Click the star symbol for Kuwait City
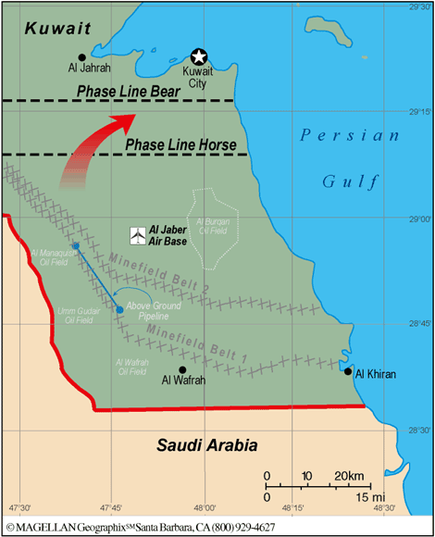(x=197, y=56)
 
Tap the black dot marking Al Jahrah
(x=82, y=56)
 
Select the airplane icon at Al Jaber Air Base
(x=137, y=236)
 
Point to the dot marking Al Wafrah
(x=182, y=369)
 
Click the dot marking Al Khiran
(x=348, y=372)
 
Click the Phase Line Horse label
(x=180, y=145)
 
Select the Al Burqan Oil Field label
(x=214, y=228)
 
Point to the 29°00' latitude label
(x=420, y=219)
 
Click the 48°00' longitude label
(x=203, y=508)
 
